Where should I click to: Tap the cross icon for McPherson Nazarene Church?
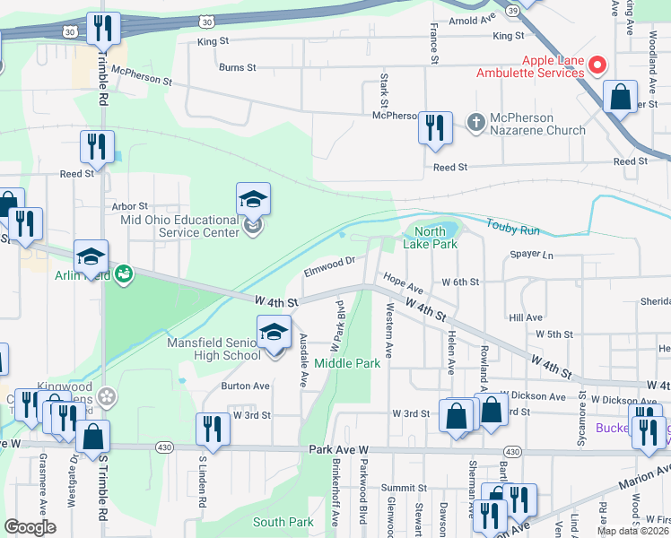477,121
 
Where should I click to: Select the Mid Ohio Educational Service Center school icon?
253,200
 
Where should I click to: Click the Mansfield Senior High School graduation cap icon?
274,333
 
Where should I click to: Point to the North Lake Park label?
436,238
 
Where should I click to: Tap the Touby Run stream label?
513,226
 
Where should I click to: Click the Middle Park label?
347,364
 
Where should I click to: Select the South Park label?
283,522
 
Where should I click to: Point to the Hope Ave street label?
403,284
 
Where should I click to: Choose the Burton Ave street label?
245,386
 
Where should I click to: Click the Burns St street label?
238,67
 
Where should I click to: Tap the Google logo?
30,527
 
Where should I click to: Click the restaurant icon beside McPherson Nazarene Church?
435,126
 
